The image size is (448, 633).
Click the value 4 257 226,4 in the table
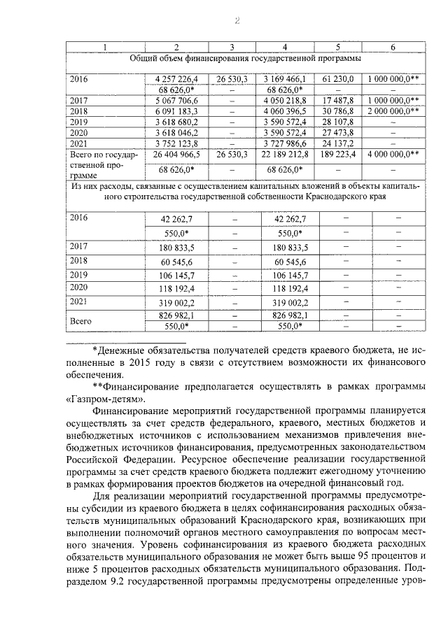(x=176, y=79)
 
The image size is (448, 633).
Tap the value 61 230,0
(x=338, y=79)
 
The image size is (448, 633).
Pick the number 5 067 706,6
(x=176, y=101)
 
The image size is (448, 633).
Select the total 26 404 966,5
(x=176, y=153)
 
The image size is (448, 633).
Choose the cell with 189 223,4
(x=338, y=153)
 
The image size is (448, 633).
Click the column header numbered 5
(x=338, y=47)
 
